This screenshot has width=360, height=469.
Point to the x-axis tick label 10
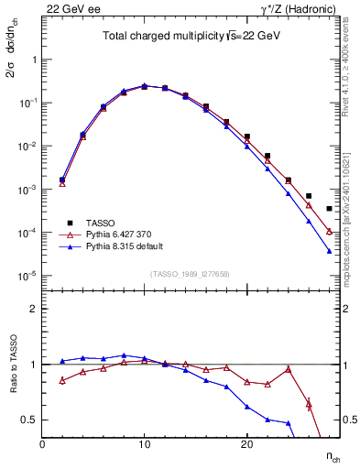(x=145, y=444)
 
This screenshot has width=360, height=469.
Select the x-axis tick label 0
(x=43, y=444)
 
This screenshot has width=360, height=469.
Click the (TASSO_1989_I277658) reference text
(x=190, y=274)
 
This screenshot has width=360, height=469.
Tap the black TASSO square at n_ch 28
(x=329, y=209)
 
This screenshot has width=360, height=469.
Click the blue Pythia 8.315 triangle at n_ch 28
(x=329, y=251)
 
